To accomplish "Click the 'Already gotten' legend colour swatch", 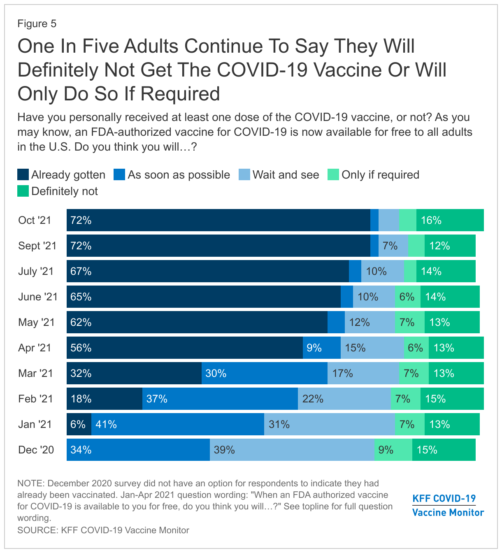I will point(23,175).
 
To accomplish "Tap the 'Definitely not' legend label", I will point(65,191).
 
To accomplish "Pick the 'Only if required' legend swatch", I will point(333,175).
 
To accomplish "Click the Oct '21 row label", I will point(35,220).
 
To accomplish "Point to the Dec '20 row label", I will point(36,450).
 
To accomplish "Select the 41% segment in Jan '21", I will point(177,424).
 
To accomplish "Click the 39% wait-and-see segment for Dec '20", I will point(292,450).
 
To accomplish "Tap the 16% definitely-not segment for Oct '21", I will point(450,220).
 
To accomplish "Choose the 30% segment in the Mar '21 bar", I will point(264,373).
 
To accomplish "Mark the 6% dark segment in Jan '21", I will point(79,424).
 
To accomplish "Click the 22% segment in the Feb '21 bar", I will point(344,399).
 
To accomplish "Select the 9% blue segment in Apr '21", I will point(321,348).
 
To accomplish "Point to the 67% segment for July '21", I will point(207,271).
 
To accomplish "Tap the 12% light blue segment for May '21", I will point(370,322).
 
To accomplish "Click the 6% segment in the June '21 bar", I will point(407,297).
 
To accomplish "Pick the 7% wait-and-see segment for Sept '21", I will point(393,246).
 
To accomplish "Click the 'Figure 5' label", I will point(37,23).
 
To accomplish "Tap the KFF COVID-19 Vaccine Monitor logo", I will point(448,506).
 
